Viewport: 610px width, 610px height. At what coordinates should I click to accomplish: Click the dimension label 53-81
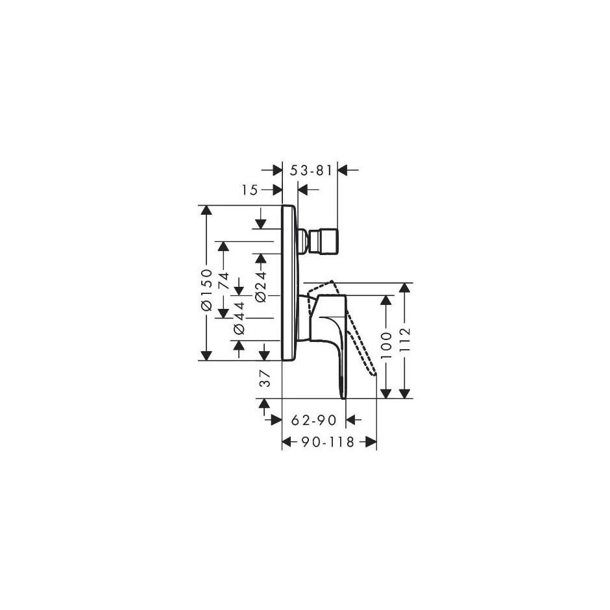pyautogui.click(x=311, y=171)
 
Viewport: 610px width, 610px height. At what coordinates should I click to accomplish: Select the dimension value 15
pyautogui.click(x=249, y=190)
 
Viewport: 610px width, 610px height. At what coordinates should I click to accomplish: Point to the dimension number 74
pyautogui.click(x=224, y=280)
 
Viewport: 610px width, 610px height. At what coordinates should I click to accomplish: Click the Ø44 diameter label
pyautogui.click(x=239, y=317)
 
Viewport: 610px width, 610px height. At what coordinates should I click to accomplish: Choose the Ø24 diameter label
pyautogui.click(x=261, y=287)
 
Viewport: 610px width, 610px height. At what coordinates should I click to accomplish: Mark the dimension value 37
pyautogui.click(x=265, y=378)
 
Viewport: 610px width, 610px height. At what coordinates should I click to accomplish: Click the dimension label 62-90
pyautogui.click(x=313, y=420)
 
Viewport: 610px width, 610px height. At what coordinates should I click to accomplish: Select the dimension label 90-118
pyautogui.click(x=328, y=442)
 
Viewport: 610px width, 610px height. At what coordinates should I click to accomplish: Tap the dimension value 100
pyautogui.click(x=386, y=346)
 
